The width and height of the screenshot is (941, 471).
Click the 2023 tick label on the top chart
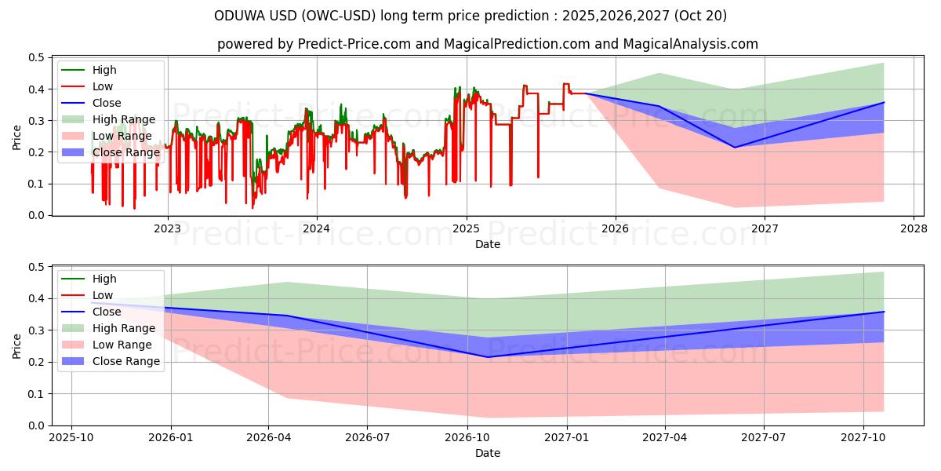[x=167, y=229]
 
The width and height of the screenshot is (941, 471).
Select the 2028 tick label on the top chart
[x=914, y=229]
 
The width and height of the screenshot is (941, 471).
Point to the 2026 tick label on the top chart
[x=616, y=229]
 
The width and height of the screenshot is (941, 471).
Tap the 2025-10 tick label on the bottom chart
[x=71, y=439]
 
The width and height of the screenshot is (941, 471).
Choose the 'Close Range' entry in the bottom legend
[x=126, y=361]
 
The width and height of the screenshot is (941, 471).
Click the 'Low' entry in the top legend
[x=103, y=86]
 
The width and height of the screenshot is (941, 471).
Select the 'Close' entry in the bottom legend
[x=107, y=312]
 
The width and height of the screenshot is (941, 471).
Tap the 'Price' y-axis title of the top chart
[x=16, y=136]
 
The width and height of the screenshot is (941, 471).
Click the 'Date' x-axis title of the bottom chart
[x=488, y=453]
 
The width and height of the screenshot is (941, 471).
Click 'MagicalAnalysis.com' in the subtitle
[x=696, y=44]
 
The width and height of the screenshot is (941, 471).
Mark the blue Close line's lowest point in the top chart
[x=735, y=148]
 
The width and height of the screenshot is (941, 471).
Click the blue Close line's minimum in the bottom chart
[x=488, y=357]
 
